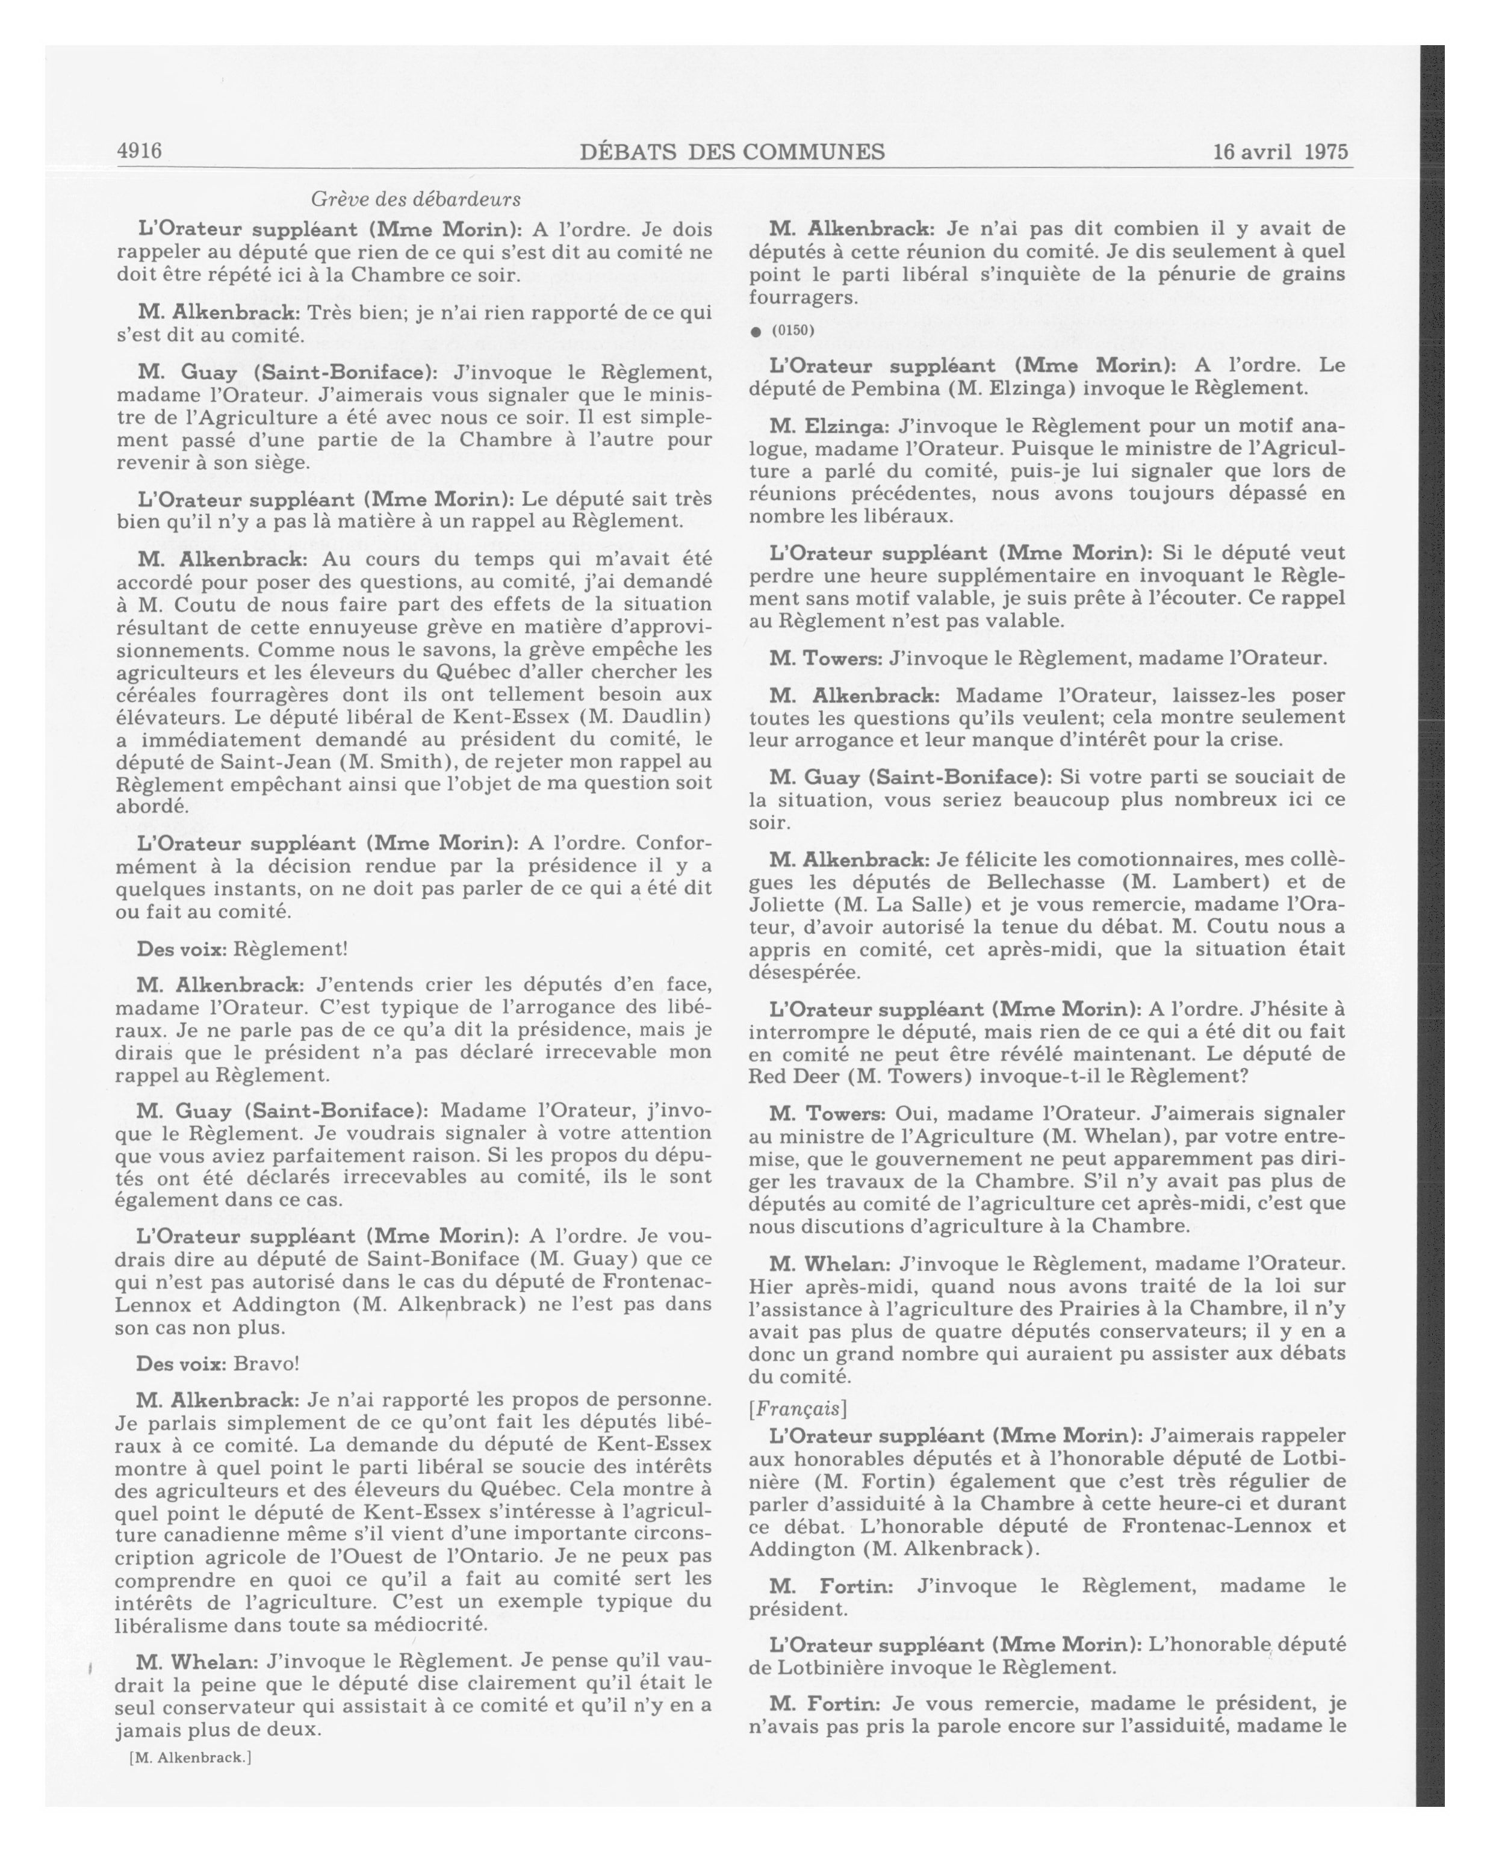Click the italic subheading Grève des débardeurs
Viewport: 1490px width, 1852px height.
tap(415, 199)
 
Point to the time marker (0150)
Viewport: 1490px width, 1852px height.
tap(792, 331)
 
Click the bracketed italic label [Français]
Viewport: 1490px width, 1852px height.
tap(798, 1409)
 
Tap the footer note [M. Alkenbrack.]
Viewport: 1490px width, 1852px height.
tap(191, 1757)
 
